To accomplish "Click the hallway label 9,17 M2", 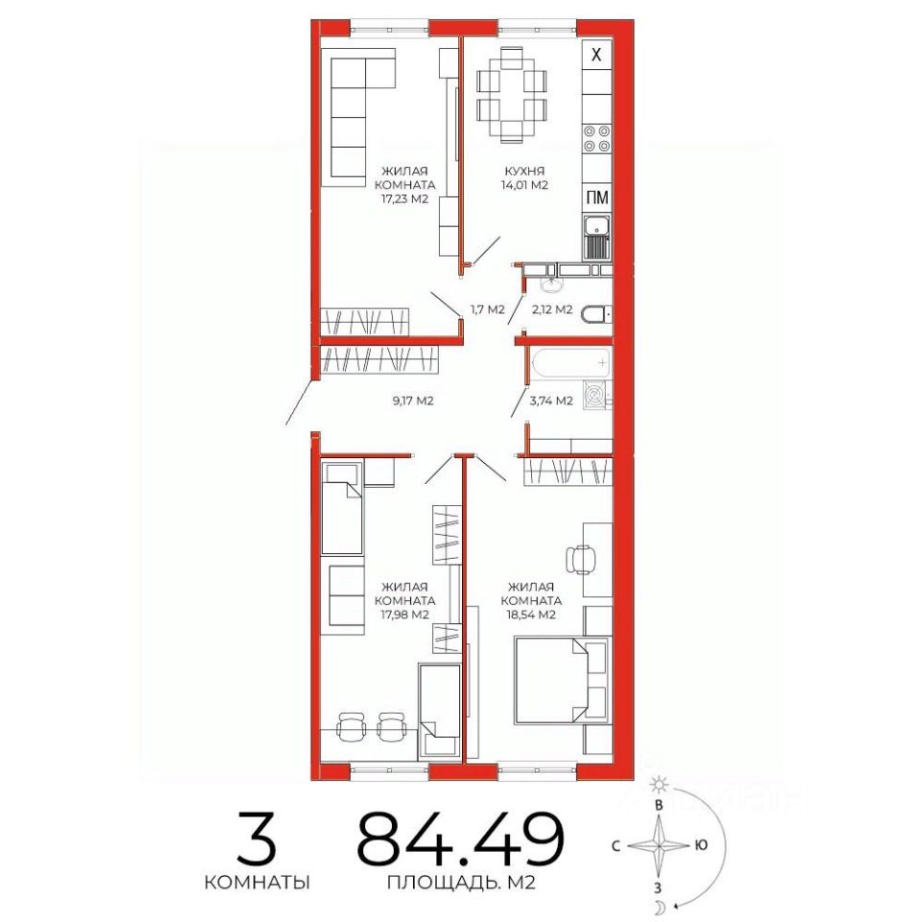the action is coord(413,401).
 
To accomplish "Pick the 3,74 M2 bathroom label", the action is coord(551,401).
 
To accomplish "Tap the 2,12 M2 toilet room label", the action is coord(551,309).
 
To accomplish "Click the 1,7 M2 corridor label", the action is coord(488,309).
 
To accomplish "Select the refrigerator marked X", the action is coord(596,55).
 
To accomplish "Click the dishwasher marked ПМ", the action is coord(596,198).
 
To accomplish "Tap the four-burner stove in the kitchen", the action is coord(596,138).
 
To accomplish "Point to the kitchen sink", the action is coord(596,237).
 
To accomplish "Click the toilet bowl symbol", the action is coord(596,315).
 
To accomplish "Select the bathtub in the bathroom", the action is coord(570,363).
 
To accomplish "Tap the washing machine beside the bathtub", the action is coord(596,395).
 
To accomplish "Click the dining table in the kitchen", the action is coord(512,95).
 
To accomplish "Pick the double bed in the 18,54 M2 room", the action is coord(551,680).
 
